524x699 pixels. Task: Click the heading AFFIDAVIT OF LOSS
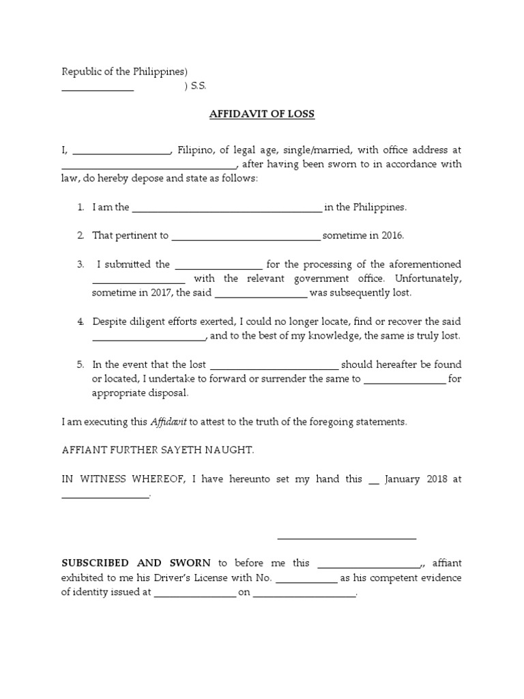(x=261, y=114)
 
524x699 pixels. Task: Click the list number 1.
(x=81, y=207)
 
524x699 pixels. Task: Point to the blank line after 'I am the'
(x=227, y=211)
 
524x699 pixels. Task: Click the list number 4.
(x=81, y=322)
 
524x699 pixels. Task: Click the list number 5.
(x=81, y=365)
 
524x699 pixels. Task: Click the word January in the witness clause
(x=403, y=479)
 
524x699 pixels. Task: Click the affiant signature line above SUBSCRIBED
(x=347, y=538)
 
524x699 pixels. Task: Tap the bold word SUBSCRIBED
(x=95, y=563)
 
